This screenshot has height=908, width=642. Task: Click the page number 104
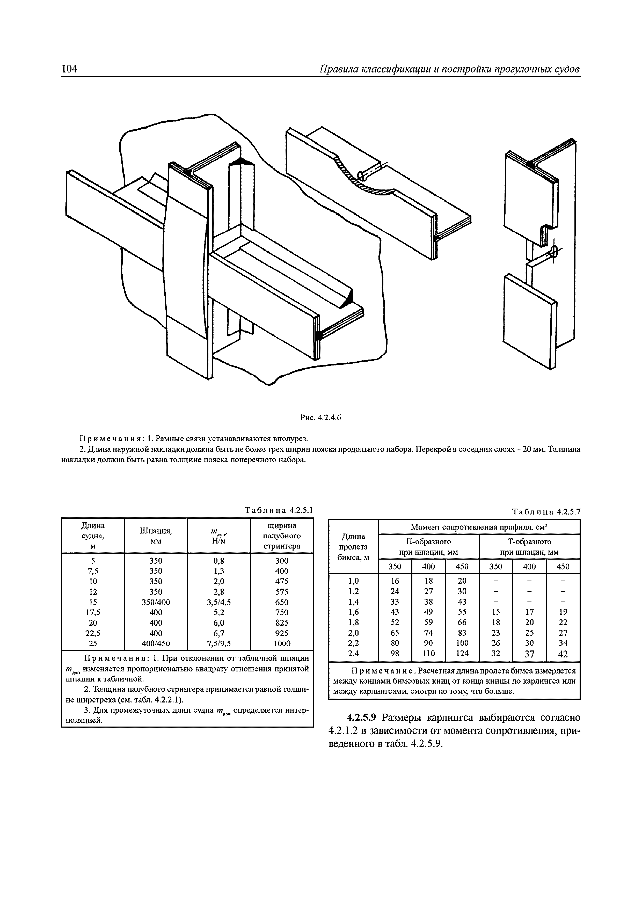pos(69,69)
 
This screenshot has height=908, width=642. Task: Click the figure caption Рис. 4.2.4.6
pos(320,417)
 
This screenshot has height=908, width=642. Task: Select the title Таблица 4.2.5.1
pos(279,510)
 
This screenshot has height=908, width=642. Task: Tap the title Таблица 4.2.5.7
pos(546,512)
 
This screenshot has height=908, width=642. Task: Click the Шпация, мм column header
pos(156,536)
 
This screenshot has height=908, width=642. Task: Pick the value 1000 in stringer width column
pos(282,643)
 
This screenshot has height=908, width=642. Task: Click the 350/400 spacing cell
pos(156,602)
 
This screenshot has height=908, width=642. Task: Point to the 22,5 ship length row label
pos(93,633)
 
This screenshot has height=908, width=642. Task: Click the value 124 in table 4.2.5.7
pos(462,654)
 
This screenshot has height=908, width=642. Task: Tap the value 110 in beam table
pos(428,654)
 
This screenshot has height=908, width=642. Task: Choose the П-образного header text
pos(428,541)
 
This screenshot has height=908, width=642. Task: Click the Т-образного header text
pos(529,541)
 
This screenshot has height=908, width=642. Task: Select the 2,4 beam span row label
pos(353,654)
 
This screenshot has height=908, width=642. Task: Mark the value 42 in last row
pos(563,654)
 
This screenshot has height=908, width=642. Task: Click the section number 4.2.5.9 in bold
pos(363,718)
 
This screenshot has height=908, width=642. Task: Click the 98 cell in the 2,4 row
pos(395,654)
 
